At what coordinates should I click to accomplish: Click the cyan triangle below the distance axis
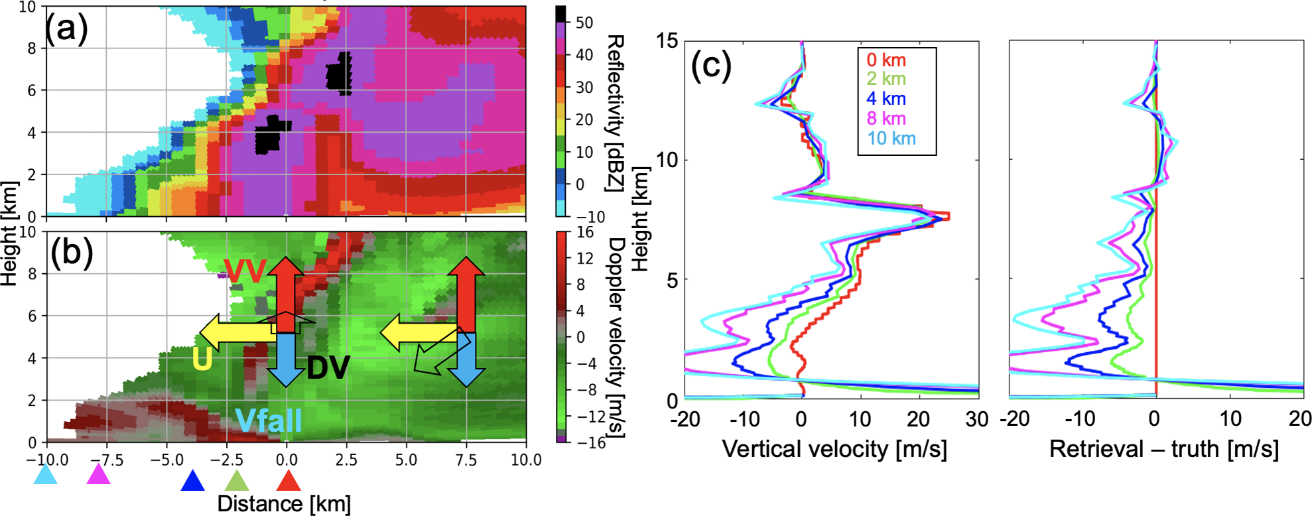(45, 476)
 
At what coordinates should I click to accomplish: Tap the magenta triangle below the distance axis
(98, 476)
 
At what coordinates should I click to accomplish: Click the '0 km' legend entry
(886, 60)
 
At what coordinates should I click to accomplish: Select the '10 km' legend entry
(891, 139)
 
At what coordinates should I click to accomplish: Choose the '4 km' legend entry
(886, 99)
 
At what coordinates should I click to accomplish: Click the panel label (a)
(66, 29)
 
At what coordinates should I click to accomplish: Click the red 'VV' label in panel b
(245, 271)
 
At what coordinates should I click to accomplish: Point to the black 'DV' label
(328, 367)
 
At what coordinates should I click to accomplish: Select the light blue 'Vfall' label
(269, 420)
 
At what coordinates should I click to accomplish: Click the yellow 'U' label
(202, 359)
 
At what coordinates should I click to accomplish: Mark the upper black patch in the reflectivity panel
(340, 73)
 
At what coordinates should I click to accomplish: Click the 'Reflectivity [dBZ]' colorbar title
(614, 113)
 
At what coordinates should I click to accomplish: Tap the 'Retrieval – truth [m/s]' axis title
(1163, 449)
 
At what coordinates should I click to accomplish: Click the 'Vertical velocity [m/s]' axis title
(834, 449)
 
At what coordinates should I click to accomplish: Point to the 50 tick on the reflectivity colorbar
(584, 23)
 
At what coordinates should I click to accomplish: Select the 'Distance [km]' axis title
(284, 503)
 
